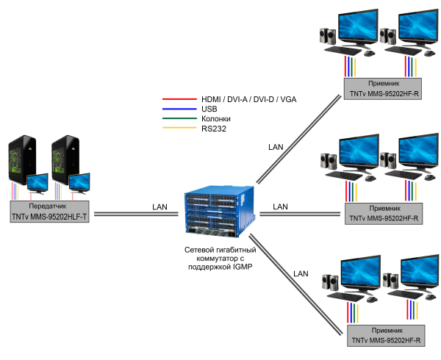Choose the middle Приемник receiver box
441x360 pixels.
click(x=383, y=213)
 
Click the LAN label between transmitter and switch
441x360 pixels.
click(x=160, y=206)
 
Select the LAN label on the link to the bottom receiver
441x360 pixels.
click(x=300, y=273)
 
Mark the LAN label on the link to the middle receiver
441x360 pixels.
click(x=279, y=206)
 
